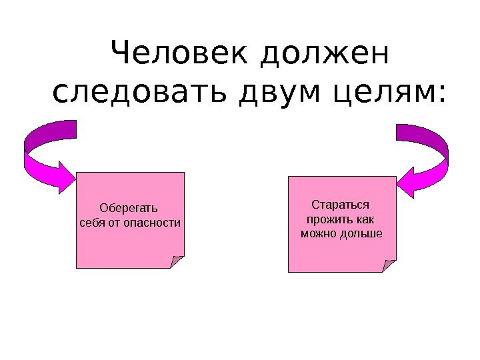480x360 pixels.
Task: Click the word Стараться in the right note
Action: pyautogui.click(x=341, y=204)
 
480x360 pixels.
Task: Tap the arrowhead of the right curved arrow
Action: pyautogui.click(x=407, y=181)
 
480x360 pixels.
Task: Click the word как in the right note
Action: pyautogui.click(x=365, y=219)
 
